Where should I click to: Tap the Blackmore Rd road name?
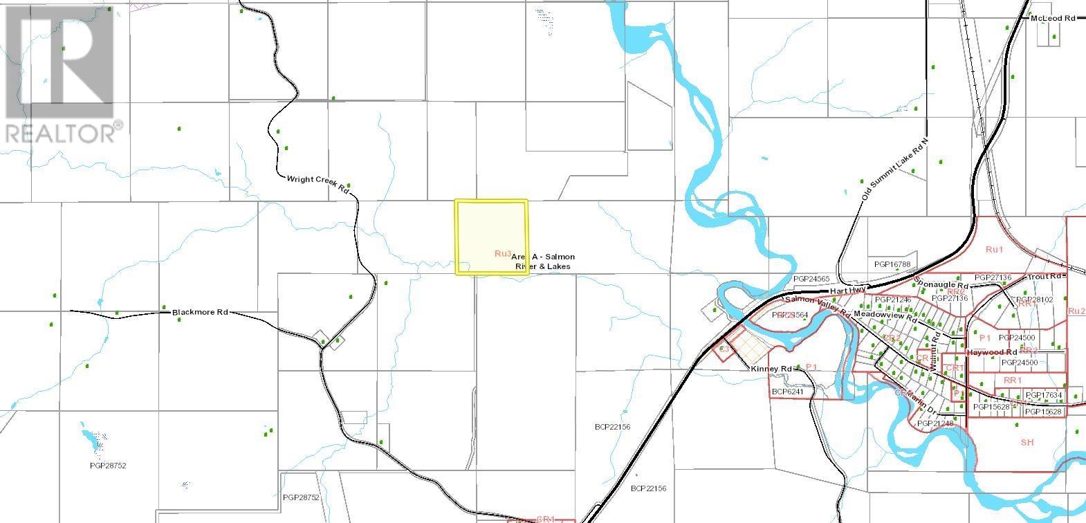pyautogui.click(x=199, y=313)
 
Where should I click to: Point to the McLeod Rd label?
pyautogui.click(x=1052, y=18)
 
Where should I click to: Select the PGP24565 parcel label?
pyautogui.click(x=811, y=279)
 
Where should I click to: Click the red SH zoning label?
pyautogui.click(x=1027, y=442)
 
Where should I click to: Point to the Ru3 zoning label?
pyautogui.click(x=503, y=254)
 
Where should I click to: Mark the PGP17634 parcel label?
pyautogui.click(x=1043, y=396)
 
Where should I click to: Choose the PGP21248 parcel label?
pyautogui.click(x=935, y=423)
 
